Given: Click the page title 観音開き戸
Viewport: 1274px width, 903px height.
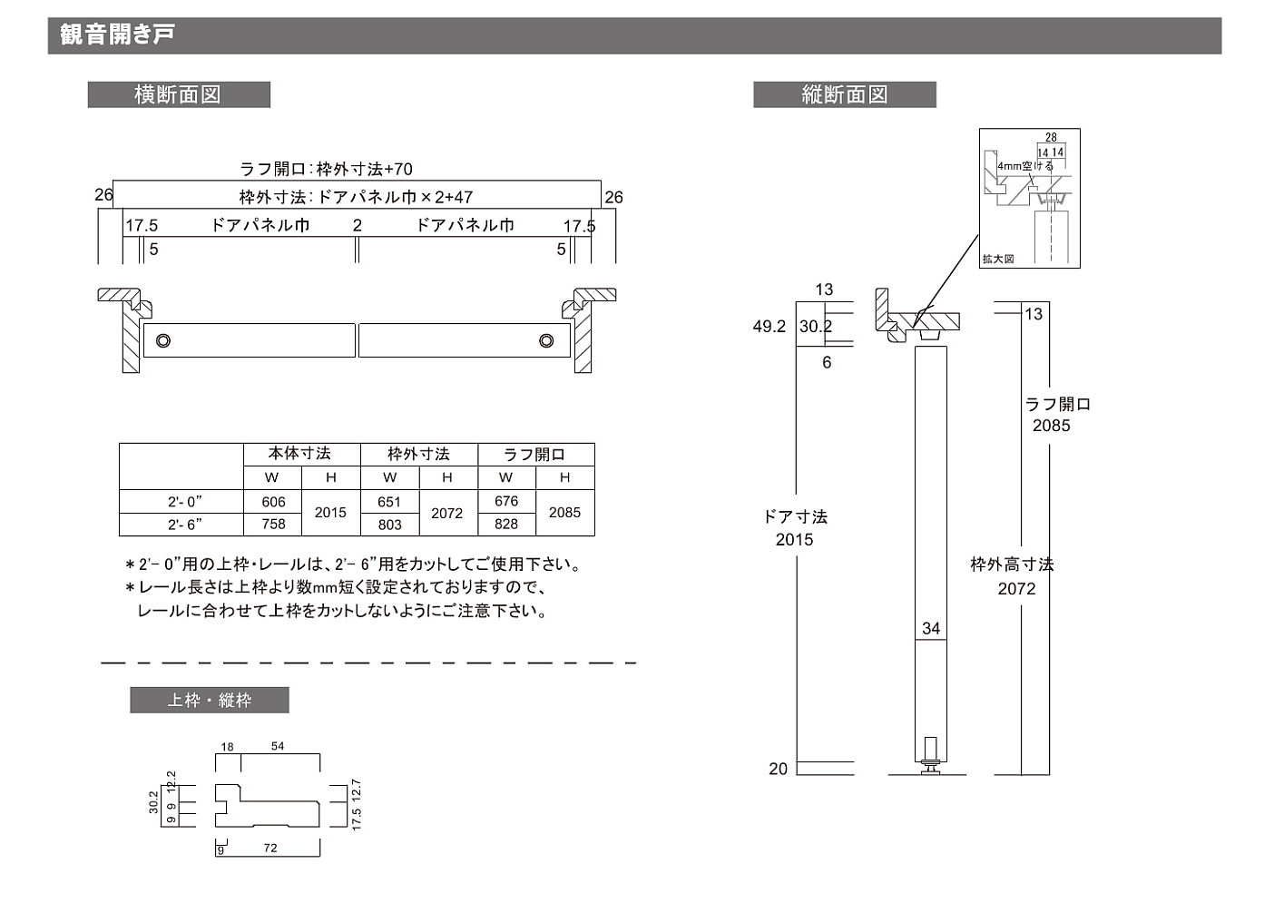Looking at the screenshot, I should (117, 35).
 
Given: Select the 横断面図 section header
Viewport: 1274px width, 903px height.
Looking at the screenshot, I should (178, 95).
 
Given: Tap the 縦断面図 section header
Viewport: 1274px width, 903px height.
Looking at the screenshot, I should (844, 95).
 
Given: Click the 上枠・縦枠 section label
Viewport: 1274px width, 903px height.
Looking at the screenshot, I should (209, 701).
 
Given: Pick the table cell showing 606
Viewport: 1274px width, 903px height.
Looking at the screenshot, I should (273, 502).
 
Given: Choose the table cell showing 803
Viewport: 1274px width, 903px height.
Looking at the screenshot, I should (389, 525).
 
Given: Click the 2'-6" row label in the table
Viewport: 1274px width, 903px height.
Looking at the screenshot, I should (184, 525).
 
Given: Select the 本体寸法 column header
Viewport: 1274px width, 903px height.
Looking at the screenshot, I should (299, 454).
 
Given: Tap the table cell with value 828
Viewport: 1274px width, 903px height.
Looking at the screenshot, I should (506, 525).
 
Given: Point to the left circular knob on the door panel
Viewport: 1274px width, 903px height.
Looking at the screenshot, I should (163, 340).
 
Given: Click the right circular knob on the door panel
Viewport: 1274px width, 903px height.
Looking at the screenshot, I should (546, 340).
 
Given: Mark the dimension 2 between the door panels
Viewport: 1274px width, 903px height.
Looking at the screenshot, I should (358, 225).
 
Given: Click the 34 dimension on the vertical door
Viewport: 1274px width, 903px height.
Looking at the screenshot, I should (931, 628).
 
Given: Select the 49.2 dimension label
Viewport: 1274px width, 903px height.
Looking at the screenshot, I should (769, 327).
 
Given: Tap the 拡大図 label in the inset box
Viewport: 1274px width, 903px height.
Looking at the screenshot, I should (998, 260).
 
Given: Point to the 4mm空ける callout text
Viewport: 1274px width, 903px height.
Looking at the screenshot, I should (1025, 167).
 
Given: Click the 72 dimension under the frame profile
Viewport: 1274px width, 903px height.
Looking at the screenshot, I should (270, 849).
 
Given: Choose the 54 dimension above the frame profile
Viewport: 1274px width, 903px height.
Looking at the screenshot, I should (278, 746).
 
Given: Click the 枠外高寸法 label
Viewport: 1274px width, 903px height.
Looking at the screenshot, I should (1012, 564).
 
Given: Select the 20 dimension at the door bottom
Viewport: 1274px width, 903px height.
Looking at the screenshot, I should (779, 769).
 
